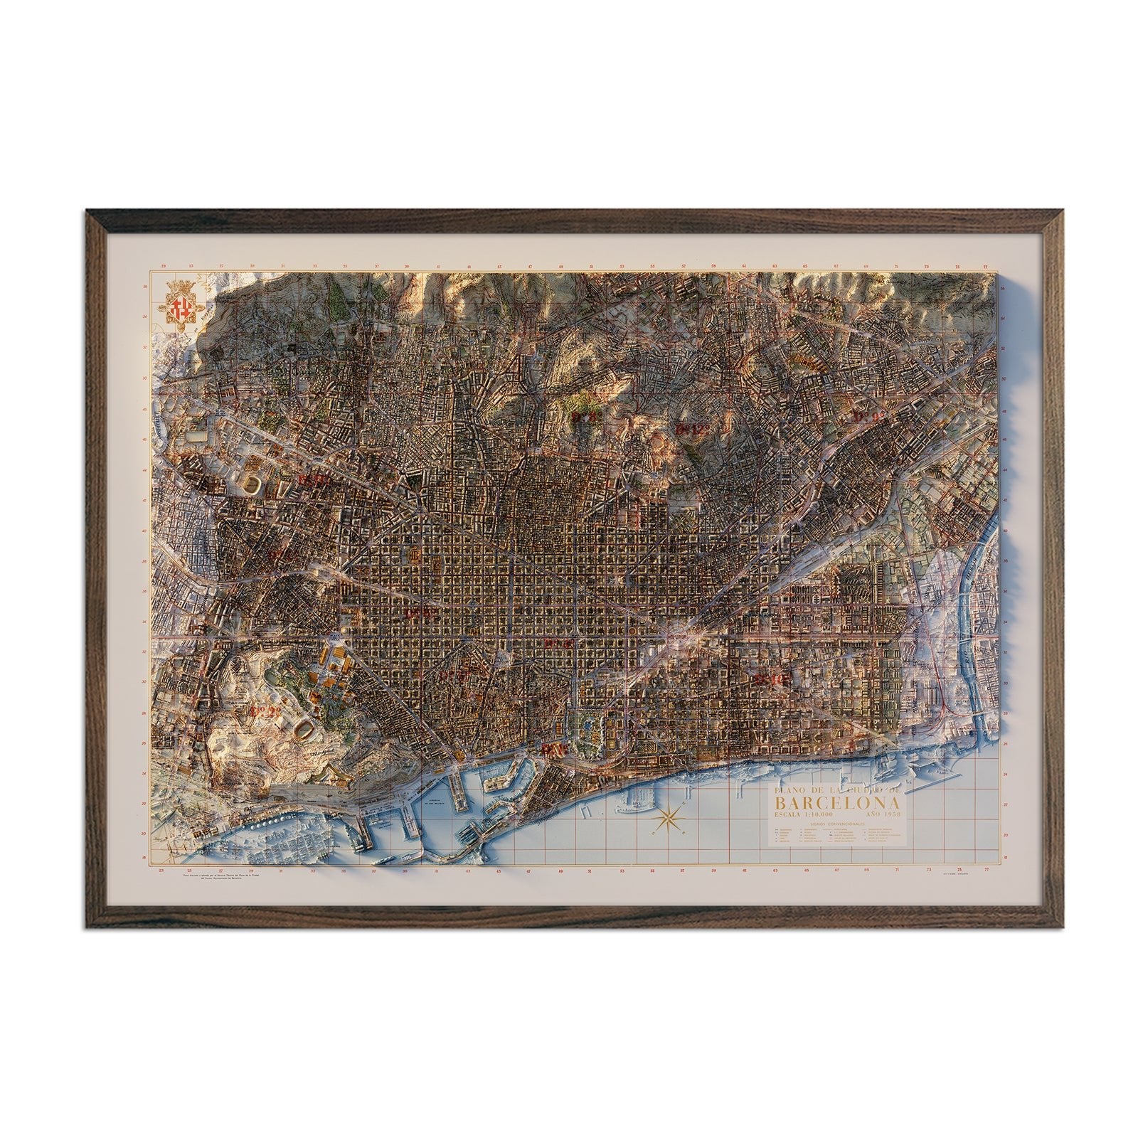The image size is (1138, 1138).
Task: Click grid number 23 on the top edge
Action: tap(164, 267)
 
